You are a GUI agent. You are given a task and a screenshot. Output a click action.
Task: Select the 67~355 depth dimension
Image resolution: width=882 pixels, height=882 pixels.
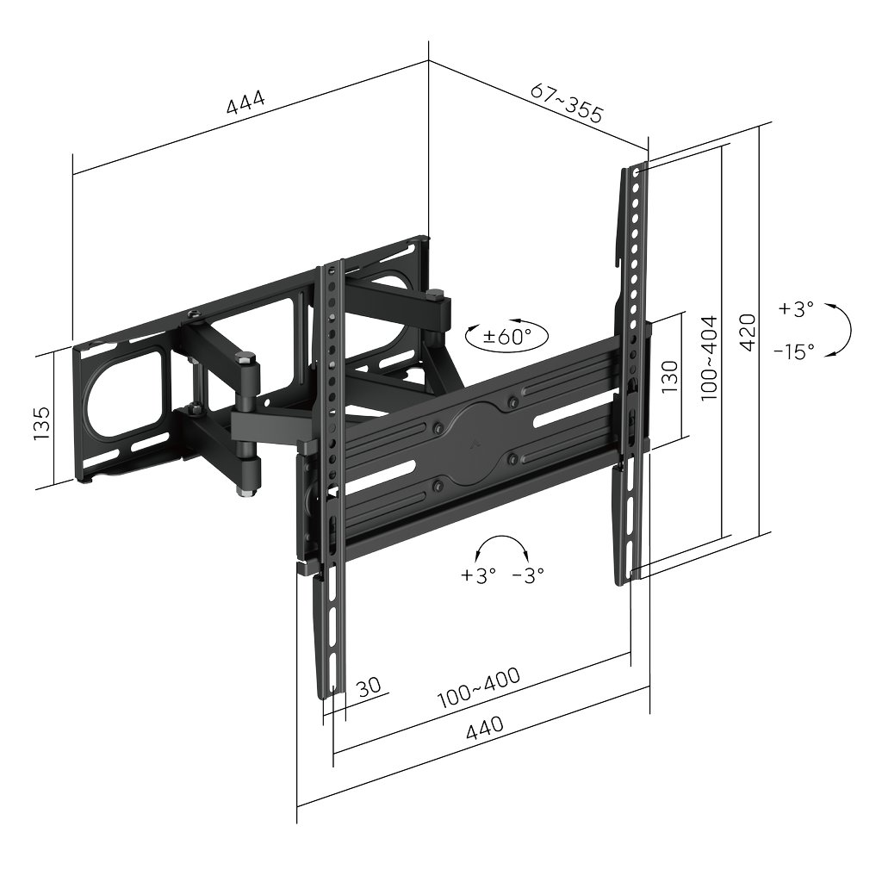tap(567, 103)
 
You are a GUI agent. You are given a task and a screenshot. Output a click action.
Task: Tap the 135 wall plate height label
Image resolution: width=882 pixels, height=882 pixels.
tap(41, 423)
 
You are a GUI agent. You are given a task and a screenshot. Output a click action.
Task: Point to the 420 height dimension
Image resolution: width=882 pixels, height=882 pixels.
tap(748, 332)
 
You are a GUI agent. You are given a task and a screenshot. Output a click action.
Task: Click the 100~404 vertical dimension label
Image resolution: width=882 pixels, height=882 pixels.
tap(709, 358)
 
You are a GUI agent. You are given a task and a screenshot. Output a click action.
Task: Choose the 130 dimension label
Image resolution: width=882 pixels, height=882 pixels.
tap(669, 376)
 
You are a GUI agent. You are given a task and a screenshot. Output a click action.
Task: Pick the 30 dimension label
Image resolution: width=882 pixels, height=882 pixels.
tap(369, 686)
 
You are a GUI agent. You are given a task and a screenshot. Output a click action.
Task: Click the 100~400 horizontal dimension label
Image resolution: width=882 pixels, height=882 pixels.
tap(479, 687)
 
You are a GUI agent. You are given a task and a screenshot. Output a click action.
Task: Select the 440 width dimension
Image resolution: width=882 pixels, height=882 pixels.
tap(485, 727)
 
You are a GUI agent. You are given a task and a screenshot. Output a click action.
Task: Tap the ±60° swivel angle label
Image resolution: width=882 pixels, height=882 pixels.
tap(506, 337)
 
